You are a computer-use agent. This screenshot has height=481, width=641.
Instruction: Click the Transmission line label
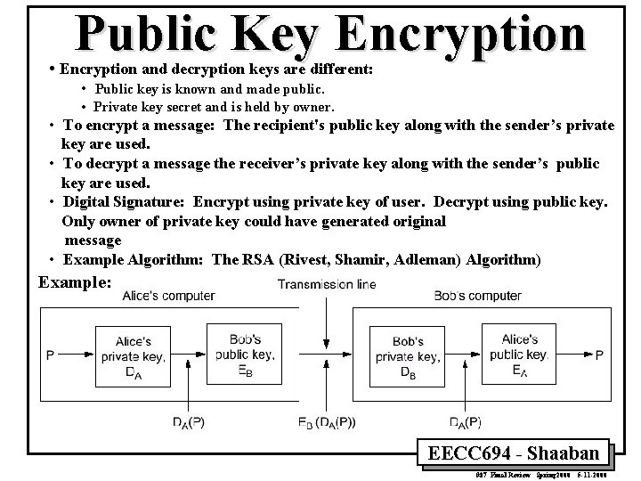pos(327,285)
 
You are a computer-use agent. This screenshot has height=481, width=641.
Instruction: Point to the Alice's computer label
pos(168,296)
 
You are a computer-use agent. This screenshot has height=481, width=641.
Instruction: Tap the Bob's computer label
pos(477,296)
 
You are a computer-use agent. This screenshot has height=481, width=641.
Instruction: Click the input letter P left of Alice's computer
pos(50,355)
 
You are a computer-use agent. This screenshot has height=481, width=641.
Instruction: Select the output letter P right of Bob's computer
pos(599,355)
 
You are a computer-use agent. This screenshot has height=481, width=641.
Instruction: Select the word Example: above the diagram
pos(76,281)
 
